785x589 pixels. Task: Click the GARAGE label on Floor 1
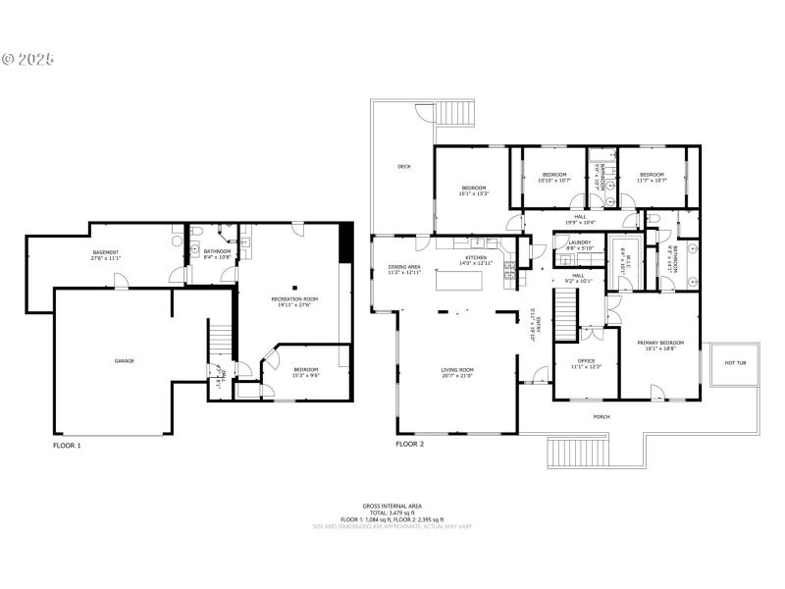click(124, 360)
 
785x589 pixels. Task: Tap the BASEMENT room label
click(105, 254)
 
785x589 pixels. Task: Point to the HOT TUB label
click(735, 362)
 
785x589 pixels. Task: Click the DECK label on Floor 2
click(404, 167)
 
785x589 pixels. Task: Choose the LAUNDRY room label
click(579, 244)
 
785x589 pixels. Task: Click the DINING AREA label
click(404, 268)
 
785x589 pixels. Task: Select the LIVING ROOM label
click(457, 372)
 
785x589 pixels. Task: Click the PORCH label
click(602, 416)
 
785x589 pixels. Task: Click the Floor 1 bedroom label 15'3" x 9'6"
click(306, 371)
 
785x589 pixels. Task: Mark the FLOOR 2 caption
click(410, 445)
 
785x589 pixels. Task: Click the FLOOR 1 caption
click(67, 445)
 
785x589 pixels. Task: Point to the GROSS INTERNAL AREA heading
click(392, 507)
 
